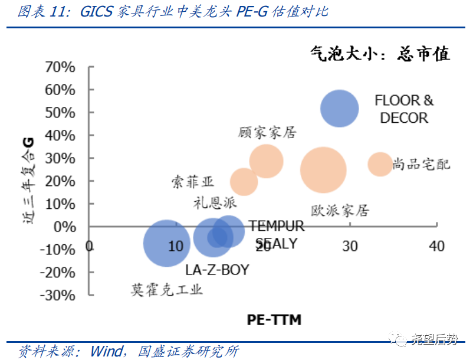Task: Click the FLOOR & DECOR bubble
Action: click(339, 109)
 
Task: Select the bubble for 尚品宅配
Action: click(380, 163)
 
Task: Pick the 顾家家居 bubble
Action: click(266, 161)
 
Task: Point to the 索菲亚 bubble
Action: click(244, 181)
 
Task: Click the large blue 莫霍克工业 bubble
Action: click(167, 243)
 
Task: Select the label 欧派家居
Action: click(340, 210)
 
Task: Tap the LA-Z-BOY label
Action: click(216, 270)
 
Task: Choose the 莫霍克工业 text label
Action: click(167, 289)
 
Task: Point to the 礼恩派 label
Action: click(215, 203)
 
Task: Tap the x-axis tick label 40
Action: click(436, 246)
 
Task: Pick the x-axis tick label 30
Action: click(350, 246)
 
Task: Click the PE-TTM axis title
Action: click(274, 320)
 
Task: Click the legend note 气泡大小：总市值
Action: click(380, 54)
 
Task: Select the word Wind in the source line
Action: click(106, 351)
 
